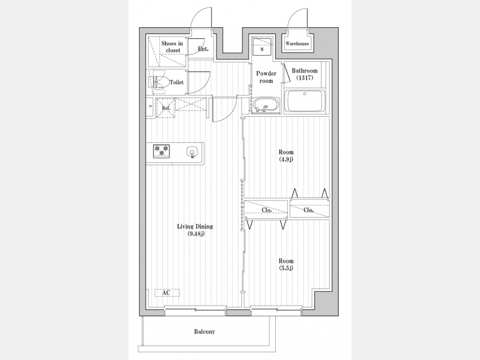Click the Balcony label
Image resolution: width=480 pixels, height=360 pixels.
point(204,332)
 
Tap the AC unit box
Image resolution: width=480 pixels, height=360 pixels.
point(167,293)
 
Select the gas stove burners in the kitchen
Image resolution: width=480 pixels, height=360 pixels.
point(161,151)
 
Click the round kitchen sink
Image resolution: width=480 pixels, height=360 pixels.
point(192,152)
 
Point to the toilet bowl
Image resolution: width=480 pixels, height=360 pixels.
point(159,82)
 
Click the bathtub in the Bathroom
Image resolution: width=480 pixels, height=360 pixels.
point(305,101)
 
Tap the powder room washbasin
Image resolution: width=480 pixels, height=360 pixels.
point(266,105)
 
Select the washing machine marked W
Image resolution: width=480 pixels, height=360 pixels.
point(262,46)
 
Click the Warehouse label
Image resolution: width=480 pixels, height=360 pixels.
point(297,44)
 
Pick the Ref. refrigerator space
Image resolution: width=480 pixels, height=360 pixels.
point(166,108)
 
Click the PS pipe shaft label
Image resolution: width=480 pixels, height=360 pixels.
point(150,107)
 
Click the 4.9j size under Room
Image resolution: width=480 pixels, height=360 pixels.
point(286,159)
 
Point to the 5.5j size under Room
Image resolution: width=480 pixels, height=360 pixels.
point(286,268)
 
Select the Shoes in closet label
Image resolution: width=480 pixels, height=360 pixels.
point(172,47)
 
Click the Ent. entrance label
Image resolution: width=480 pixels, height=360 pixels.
point(203,49)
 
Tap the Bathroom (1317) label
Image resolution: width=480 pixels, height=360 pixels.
point(305,74)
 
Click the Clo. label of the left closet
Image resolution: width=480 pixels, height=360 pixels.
point(267,210)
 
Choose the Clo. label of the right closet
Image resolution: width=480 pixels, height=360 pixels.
point(309,210)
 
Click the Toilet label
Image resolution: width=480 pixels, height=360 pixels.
point(177,82)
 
